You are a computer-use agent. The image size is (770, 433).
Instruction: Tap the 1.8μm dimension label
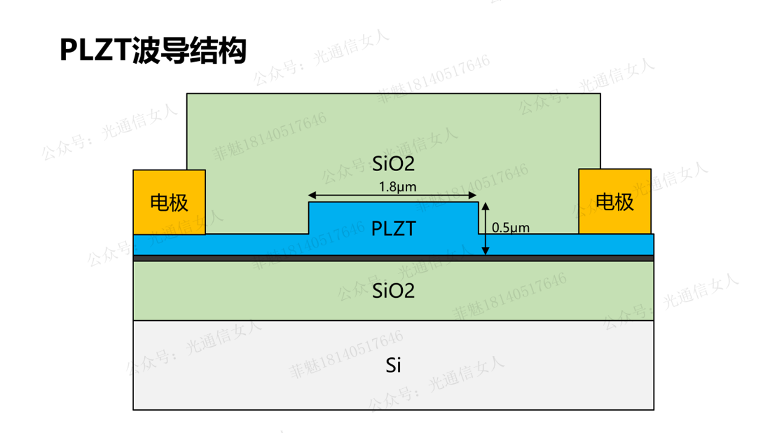point(397,187)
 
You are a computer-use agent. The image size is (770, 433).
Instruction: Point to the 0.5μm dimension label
point(510,228)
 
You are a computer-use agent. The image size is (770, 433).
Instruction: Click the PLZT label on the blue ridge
point(394,229)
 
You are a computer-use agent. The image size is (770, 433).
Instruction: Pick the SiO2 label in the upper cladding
point(393,163)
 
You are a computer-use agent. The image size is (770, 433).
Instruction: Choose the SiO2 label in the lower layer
point(393,291)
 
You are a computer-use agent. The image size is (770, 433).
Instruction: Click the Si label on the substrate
point(393,365)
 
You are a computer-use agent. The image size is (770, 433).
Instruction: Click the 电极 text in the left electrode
point(169,203)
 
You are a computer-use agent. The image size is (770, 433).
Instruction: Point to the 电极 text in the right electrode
point(615,202)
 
